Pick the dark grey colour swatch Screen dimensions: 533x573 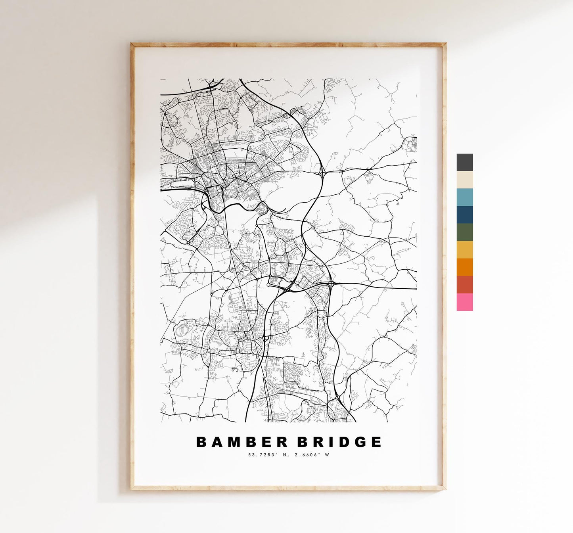tap(464, 162)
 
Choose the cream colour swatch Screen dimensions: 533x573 tap(464, 180)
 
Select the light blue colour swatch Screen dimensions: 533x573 tap(464, 197)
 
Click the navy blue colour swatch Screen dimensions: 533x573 tap(464, 215)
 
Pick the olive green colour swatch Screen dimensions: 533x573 tap(464, 232)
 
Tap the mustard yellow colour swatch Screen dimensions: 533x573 tap(464, 249)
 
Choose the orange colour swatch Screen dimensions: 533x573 tap(464, 267)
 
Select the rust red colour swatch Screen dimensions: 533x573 tap(464, 284)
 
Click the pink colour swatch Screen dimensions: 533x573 tap(464, 302)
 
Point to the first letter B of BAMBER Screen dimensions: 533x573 tap(201, 442)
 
